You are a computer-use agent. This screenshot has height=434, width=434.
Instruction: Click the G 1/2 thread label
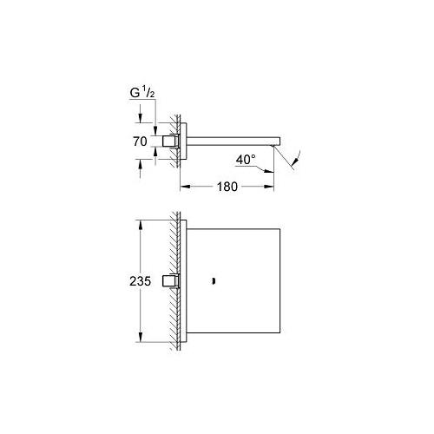coord(142,93)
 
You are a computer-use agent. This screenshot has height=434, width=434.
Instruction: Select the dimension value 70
coord(140,141)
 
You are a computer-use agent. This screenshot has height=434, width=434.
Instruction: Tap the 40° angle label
coord(246,160)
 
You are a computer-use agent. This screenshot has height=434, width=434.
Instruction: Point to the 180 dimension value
coord(227,187)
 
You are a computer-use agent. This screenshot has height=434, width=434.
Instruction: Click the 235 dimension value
coord(140,281)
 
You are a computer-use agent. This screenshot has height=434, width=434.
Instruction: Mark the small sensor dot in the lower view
coord(214,281)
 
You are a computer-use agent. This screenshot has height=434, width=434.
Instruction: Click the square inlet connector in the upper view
coord(171,141)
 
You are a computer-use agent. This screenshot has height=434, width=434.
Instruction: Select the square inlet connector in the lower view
coord(171,281)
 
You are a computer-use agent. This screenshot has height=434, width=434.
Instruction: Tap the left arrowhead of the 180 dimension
coord(185,187)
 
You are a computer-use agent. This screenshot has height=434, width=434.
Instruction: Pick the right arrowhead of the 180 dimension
coord(269,187)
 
